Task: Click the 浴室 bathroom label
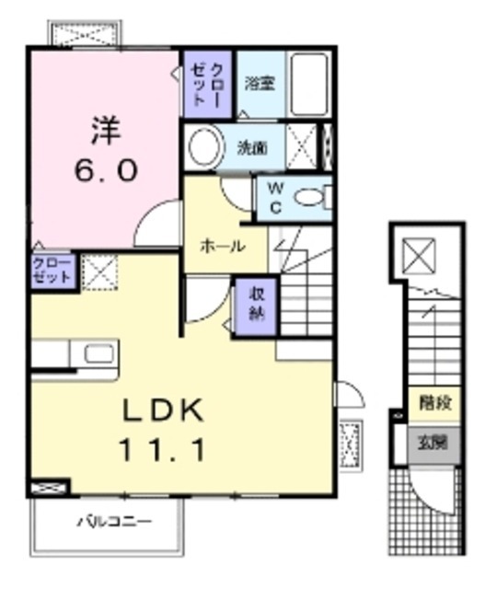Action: coord(259,83)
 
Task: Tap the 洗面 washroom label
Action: coord(253,146)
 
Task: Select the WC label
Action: coord(275,197)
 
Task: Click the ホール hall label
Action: coord(223,247)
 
